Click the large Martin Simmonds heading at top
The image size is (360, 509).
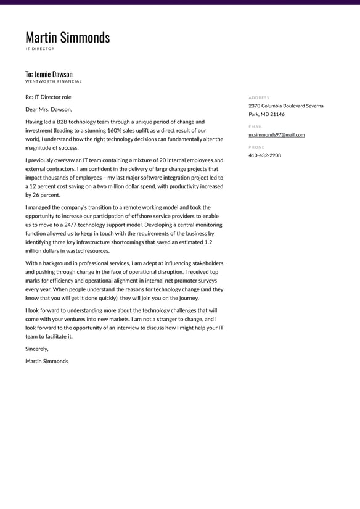pyautogui.click(x=67, y=38)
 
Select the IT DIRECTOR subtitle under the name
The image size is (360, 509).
pyautogui.click(x=40, y=49)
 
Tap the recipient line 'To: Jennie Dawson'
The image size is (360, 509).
pyautogui.click(x=49, y=74)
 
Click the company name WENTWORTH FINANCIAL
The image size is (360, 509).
pyautogui.click(x=53, y=81)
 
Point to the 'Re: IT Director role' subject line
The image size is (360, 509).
pyautogui.click(x=48, y=97)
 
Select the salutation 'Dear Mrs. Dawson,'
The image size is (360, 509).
pyautogui.click(x=49, y=109)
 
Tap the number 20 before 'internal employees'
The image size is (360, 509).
pyautogui.click(x=163, y=160)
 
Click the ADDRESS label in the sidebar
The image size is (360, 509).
pyautogui.click(x=259, y=97)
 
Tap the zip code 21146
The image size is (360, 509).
pyautogui.click(x=277, y=114)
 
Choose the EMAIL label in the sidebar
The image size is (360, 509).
pyautogui.click(x=255, y=126)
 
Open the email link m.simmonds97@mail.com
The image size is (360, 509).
pyautogui.click(x=276, y=134)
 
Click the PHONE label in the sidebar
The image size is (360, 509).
pyautogui.click(x=256, y=147)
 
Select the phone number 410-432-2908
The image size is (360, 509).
pyautogui.click(x=264, y=155)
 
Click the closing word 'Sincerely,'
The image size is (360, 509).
pyautogui.click(x=36, y=349)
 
